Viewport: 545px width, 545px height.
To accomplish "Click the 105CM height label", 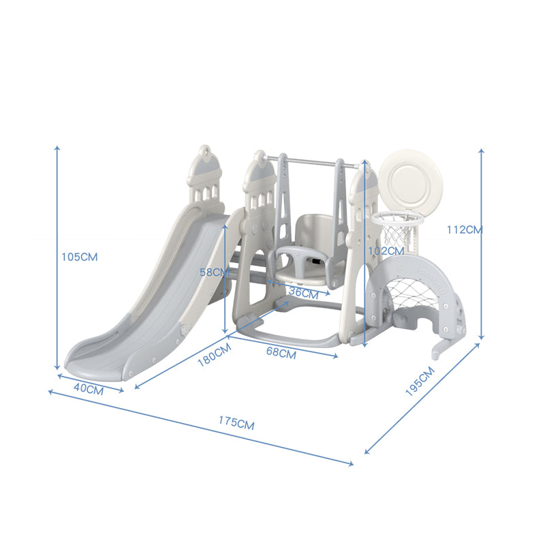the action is click(x=80, y=257).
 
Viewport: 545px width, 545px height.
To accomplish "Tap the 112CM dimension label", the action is click(x=465, y=230).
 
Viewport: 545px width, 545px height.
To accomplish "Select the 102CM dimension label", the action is click(x=386, y=251).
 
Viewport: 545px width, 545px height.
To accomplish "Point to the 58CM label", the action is click(x=215, y=272).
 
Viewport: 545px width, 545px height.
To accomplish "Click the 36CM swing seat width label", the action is click(x=303, y=293).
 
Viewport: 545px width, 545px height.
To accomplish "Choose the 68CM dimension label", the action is click(x=281, y=352).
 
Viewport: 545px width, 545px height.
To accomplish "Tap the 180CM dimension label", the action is click(x=214, y=355).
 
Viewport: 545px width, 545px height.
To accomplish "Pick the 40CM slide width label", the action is click(x=89, y=388).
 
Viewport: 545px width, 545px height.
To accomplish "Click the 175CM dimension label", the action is click(x=236, y=423).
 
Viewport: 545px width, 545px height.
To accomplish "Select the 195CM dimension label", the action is click(x=420, y=381).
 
